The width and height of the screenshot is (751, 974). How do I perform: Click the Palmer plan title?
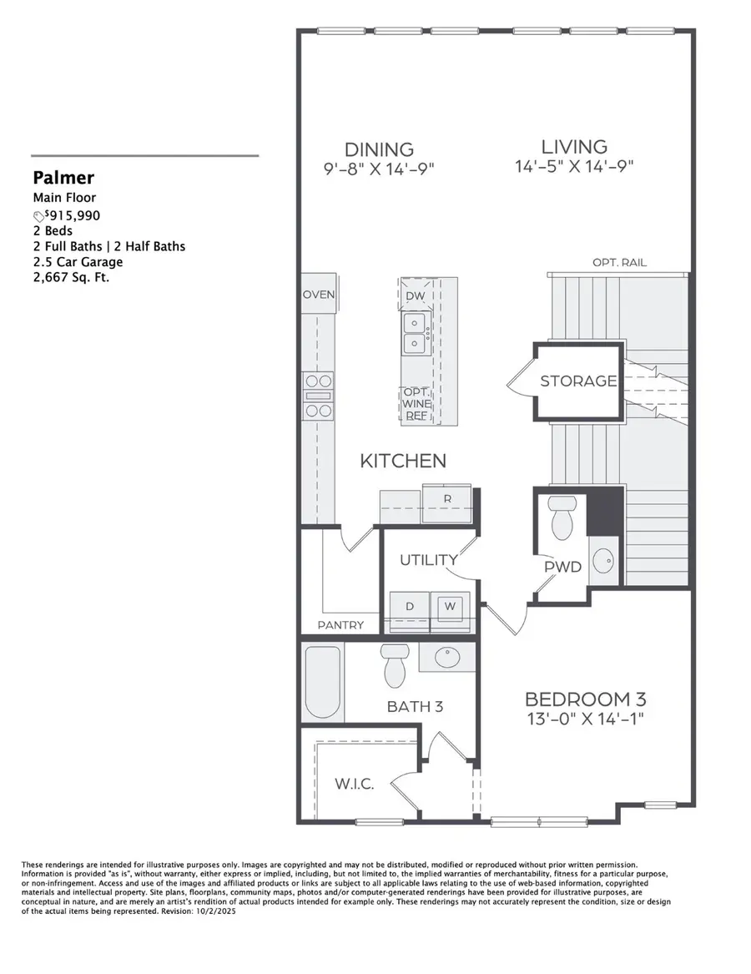(63, 177)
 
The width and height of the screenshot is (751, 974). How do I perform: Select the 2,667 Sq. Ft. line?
(71, 277)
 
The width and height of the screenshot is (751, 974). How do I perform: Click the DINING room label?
(379, 149)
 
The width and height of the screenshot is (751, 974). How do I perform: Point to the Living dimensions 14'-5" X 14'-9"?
(574, 166)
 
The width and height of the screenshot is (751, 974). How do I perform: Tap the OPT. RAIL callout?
(619, 263)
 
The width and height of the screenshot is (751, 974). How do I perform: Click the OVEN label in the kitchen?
(318, 295)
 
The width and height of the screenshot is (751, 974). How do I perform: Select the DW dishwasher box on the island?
(414, 296)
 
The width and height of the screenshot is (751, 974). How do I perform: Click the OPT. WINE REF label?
(416, 404)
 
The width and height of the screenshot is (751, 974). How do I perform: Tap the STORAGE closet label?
(578, 381)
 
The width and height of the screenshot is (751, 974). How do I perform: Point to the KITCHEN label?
(403, 461)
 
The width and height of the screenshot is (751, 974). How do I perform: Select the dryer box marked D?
(410, 607)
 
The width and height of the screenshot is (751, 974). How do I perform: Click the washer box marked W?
(450, 607)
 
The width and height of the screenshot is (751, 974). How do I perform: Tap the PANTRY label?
(340, 625)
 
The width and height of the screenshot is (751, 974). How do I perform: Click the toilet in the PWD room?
(562, 517)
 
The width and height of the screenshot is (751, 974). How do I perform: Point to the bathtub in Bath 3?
(322, 683)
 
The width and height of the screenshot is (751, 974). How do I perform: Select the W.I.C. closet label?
(355, 785)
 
